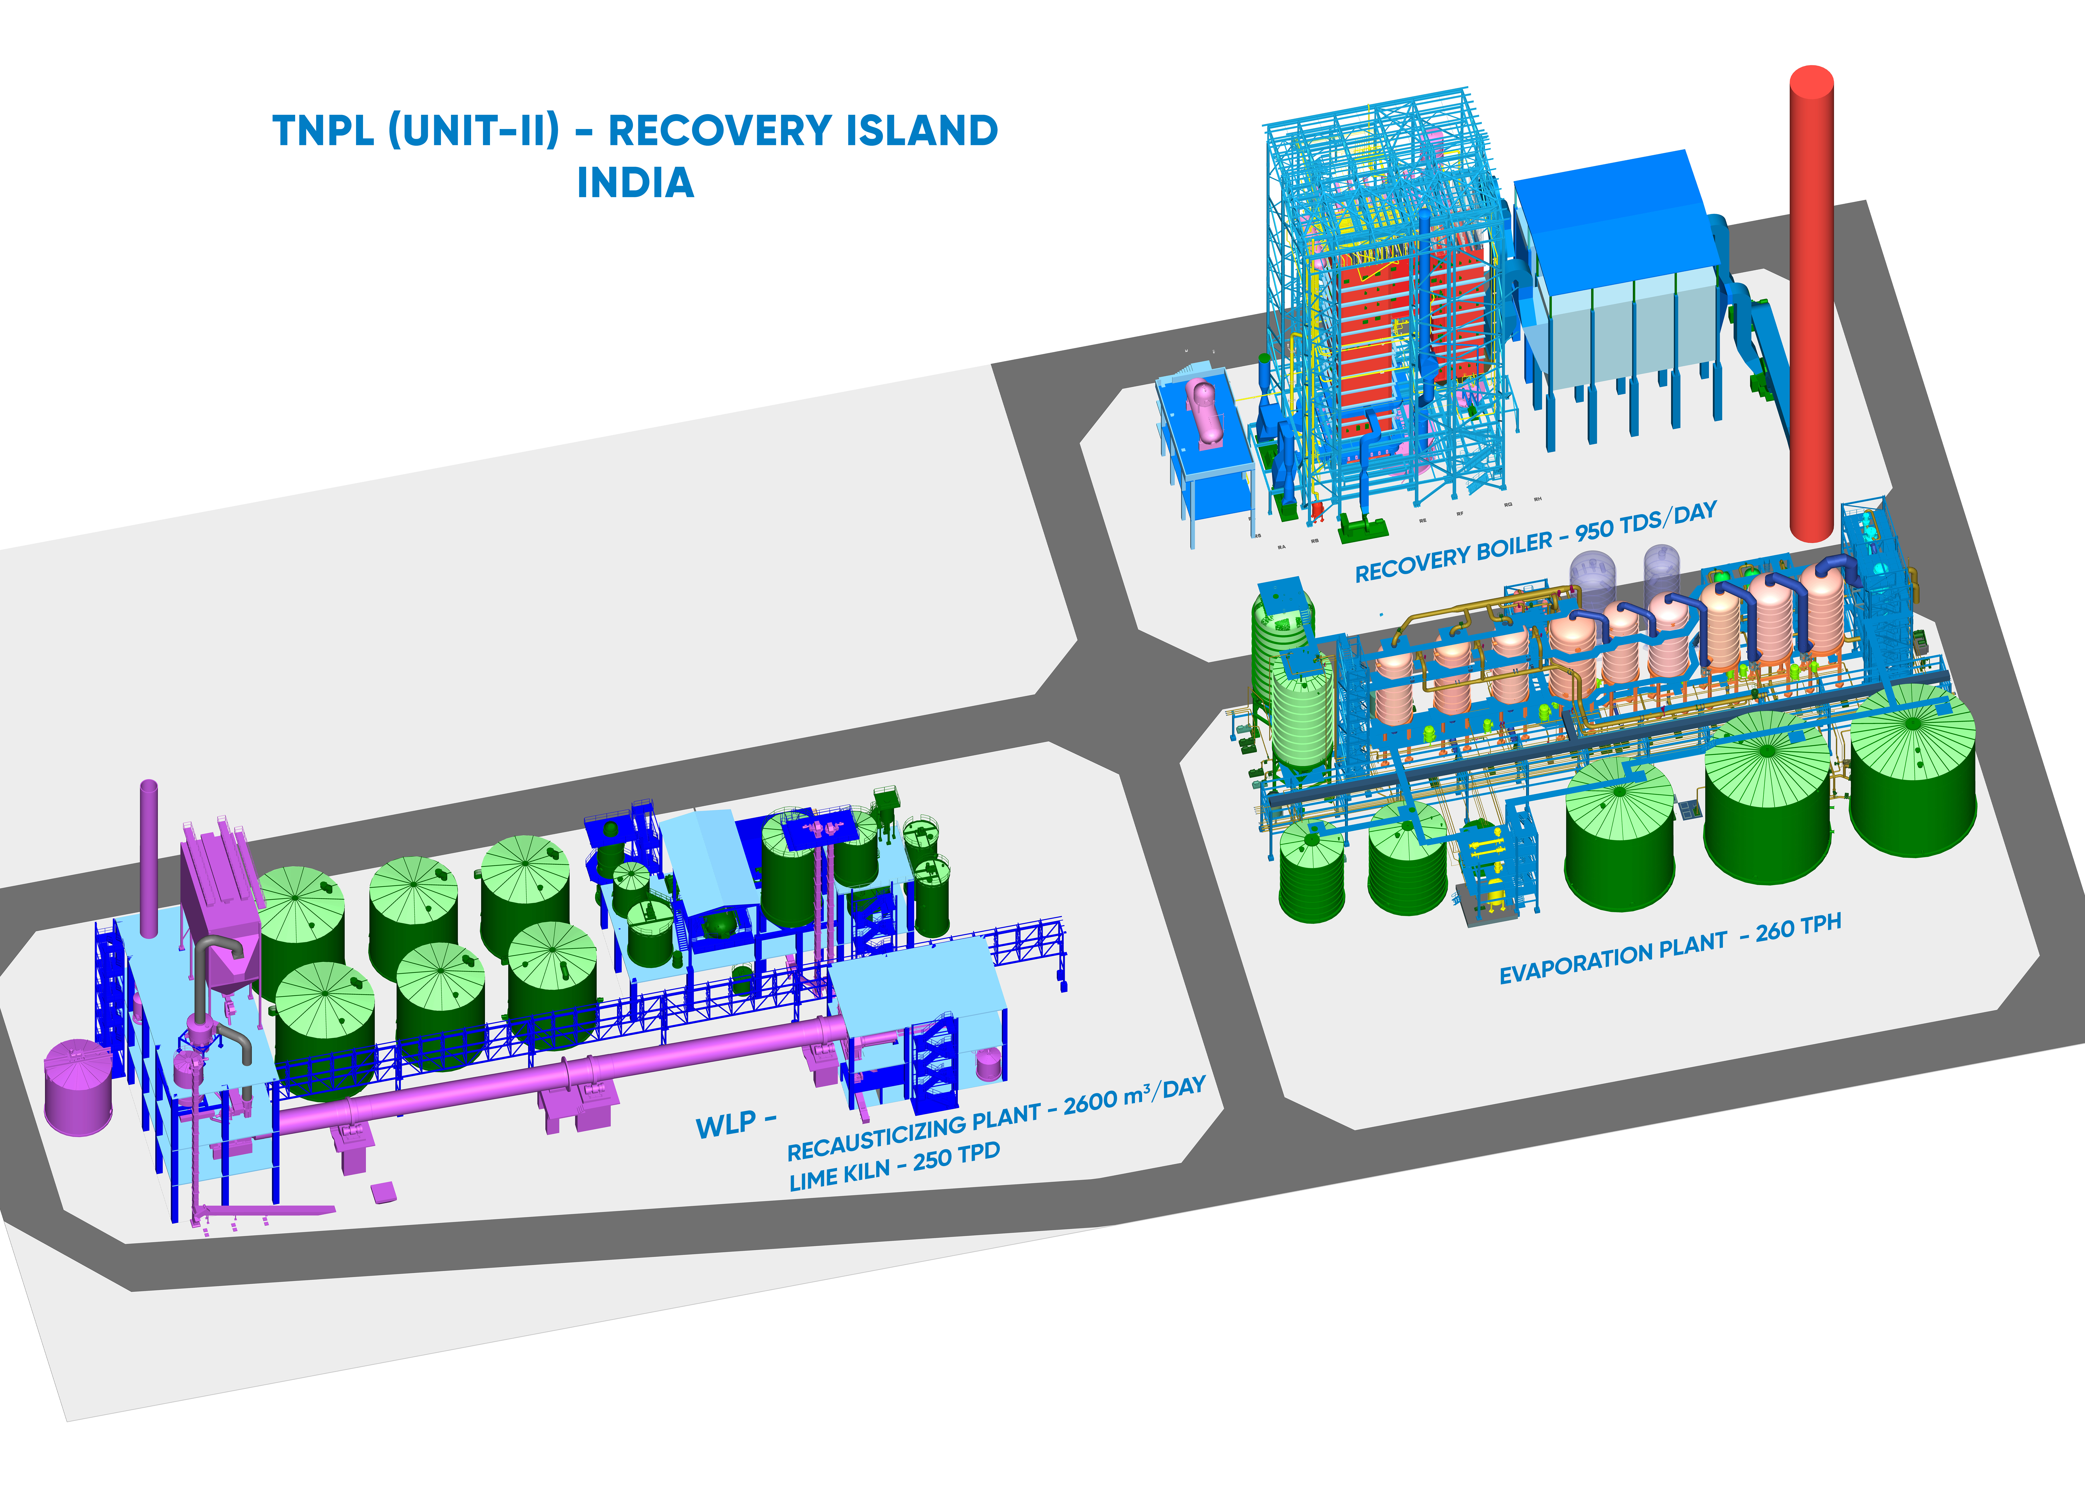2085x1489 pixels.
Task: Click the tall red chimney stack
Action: coord(1811,302)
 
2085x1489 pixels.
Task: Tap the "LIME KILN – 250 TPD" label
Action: coord(894,1166)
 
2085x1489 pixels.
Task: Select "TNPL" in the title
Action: coord(323,131)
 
